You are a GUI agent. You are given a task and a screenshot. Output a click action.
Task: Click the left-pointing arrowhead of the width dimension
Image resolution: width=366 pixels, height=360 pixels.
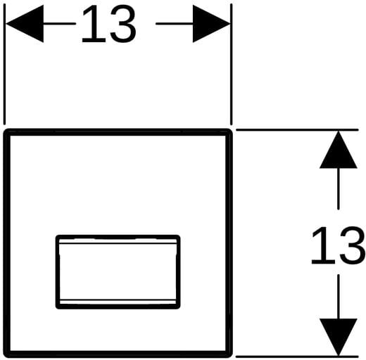click(25, 24)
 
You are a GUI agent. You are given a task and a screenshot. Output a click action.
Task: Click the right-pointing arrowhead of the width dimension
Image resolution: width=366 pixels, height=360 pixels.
click(211, 24)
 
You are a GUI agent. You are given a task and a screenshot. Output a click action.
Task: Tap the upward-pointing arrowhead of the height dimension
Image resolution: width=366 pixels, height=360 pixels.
click(338, 150)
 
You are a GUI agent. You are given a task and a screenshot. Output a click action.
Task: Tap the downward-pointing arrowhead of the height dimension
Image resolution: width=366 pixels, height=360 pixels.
click(338, 337)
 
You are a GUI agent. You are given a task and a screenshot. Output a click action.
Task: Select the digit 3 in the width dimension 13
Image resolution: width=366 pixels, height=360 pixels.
click(123, 24)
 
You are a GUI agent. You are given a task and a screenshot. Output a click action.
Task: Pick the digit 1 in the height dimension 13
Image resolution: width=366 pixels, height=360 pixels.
click(323, 245)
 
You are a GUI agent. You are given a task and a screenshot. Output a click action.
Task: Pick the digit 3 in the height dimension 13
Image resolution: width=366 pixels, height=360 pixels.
click(353, 245)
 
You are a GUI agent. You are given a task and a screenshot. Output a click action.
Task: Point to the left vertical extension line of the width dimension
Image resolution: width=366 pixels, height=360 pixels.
click(4, 64)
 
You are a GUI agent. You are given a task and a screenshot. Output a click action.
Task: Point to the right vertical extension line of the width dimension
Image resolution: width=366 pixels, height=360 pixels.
click(232, 64)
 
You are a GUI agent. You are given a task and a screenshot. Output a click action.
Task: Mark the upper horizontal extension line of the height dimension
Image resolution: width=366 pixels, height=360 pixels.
click(297, 129)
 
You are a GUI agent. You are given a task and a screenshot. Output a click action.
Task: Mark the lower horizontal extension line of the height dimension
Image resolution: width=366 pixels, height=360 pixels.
click(297, 356)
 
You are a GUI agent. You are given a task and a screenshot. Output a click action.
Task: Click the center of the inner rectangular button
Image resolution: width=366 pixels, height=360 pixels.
click(118, 272)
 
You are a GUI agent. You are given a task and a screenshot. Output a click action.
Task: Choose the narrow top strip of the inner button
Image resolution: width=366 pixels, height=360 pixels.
click(118, 241)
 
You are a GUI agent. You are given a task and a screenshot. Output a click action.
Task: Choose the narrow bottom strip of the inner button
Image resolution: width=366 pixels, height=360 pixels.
click(118, 302)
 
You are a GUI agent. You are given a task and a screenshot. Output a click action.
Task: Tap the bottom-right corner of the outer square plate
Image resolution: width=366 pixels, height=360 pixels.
click(231, 356)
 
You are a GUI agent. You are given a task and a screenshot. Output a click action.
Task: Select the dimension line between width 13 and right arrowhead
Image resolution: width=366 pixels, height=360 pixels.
click(175, 24)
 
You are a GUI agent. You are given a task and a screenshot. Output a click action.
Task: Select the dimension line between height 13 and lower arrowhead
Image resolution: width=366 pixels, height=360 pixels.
click(339, 297)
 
